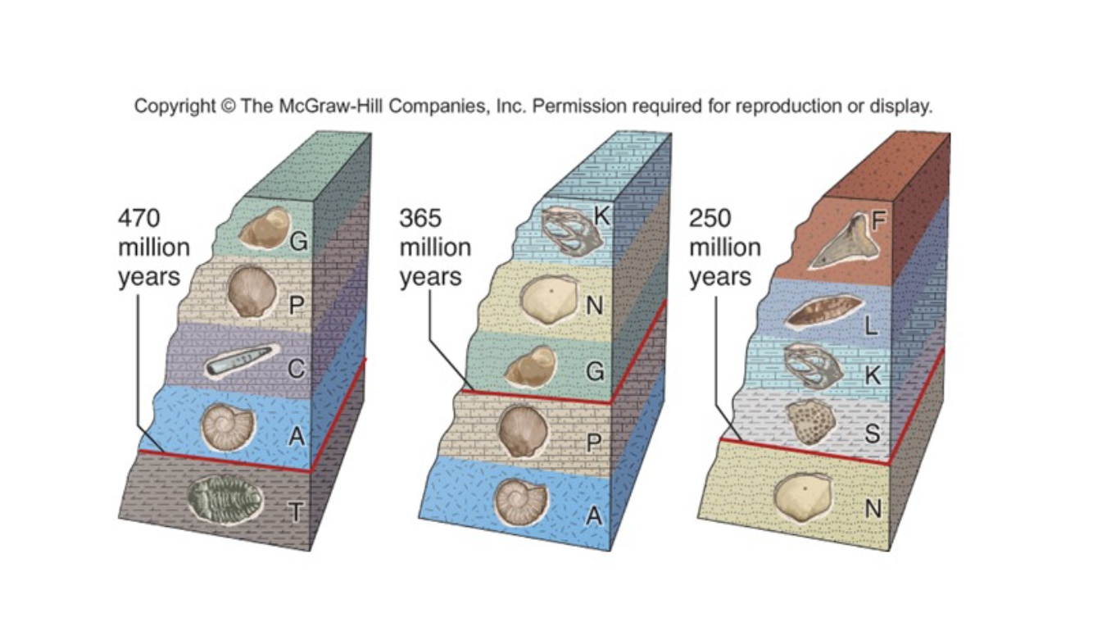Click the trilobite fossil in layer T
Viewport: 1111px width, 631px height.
click(224, 498)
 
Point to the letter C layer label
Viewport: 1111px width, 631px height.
click(297, 370)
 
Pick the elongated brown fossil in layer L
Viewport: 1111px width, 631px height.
click(823, 312)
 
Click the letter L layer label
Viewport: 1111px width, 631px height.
click(871, 326)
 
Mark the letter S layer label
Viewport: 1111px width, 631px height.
click(872, 433)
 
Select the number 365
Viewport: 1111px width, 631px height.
click(421, 219)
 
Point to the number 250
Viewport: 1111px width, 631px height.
click(710, 219)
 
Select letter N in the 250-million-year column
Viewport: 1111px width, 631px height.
click(873, 509)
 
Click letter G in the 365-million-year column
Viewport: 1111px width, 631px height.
click(596, 371)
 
